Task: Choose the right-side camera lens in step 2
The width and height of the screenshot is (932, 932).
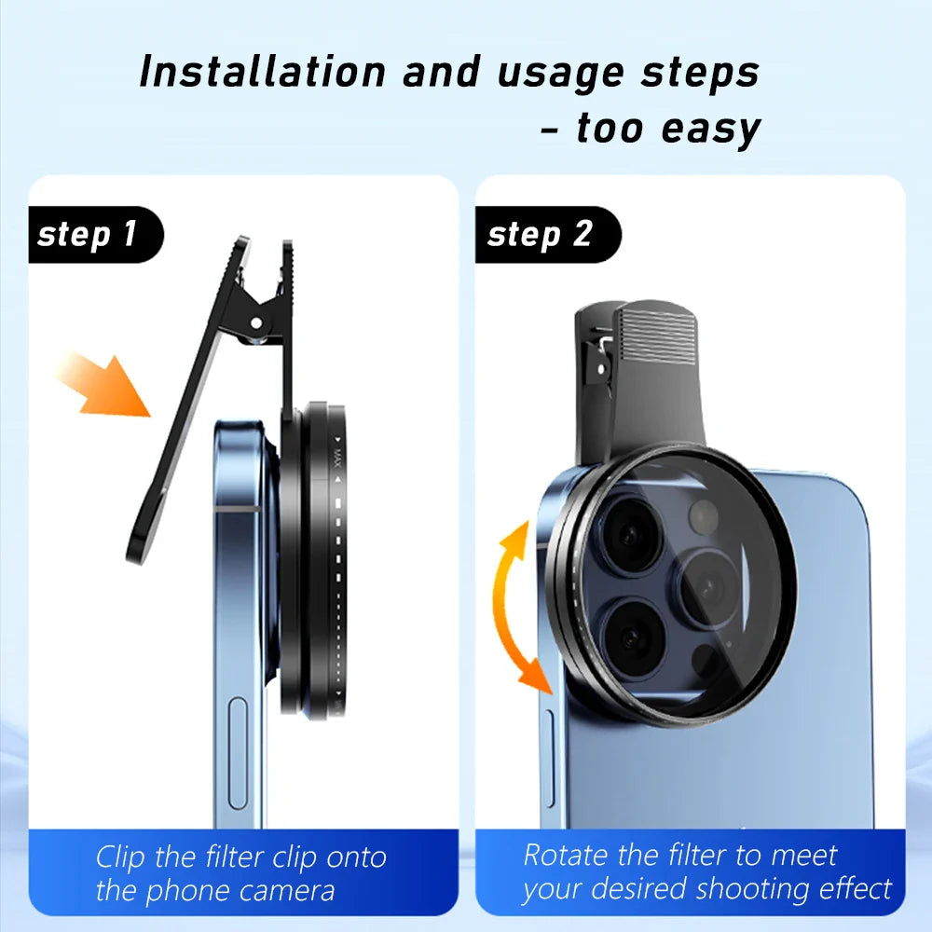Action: (709, 584)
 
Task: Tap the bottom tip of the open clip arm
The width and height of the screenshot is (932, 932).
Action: (136, 556)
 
